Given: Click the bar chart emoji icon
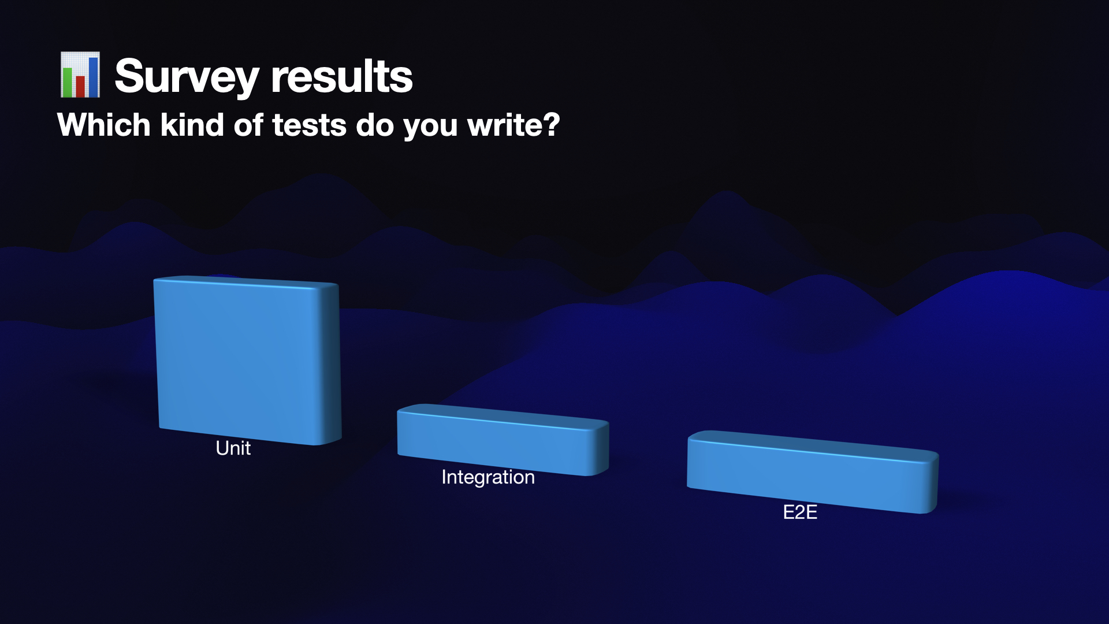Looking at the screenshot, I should pyautogui.click(x=80, y=75).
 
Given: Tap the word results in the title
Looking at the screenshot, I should pyautogui.click(x=341, y=76).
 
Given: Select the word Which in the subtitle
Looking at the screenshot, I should pyautogui.click(x=104, y=125).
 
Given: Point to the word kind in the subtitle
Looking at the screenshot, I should pyautogui.click(x=192, y=125).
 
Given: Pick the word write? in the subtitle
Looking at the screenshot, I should pyautogui.click(x=513, y=125).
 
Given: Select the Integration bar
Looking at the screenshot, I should pyautogui.click(x=494, y=442).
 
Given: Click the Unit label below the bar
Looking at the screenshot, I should pyautogui.click(x=233, y=448).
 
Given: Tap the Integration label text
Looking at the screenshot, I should pyautogui.click(x=488, y=477).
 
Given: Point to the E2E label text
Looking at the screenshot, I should pyautogui.click(x=800, y=512).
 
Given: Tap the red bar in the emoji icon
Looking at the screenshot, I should pyautogui.click(x=80, y=86).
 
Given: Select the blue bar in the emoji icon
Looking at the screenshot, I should pyautogui.click(x=93, y=76).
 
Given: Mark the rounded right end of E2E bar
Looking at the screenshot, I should pyautogui.click(x=930, y=483).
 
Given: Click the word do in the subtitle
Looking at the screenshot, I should pyautogui.click(x=375, y=125).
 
